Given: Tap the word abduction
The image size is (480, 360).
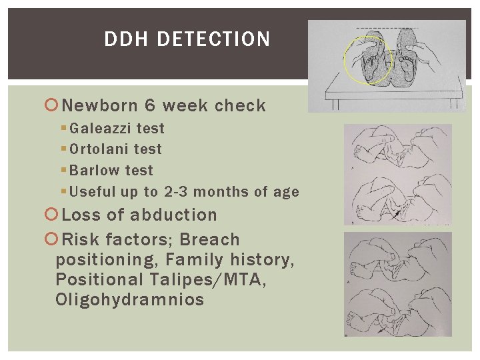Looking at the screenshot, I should tap(173, 215).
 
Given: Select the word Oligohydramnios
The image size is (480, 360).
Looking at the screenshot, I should tap(130, 300).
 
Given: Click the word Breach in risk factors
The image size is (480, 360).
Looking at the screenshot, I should tap(210, 240).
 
